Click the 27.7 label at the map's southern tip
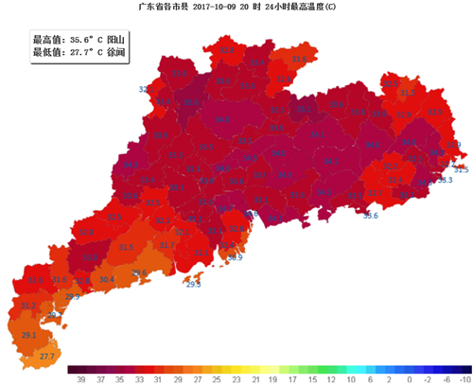coord(47,356)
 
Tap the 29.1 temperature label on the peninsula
coord(29,335)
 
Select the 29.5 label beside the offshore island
coord(193,284)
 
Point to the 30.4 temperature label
coord(107,279)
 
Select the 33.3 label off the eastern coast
coord(446,180)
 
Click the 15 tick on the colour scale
coord(311,378)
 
